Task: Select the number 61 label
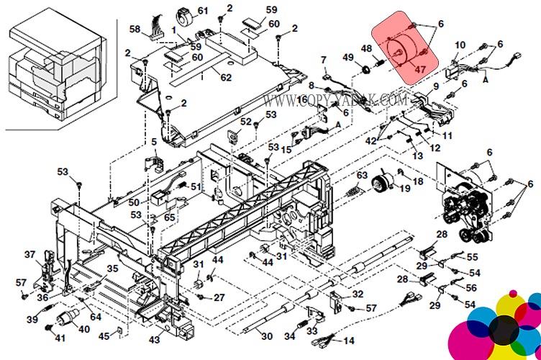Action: (x=202, y=11)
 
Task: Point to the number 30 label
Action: (x=267, y=336)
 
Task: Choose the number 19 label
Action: (x=405, y=189)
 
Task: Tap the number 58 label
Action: (x=135, y=29)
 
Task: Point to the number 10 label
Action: (x=460, y=46)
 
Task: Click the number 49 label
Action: (x=348, y=58)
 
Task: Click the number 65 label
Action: (x=170, y=217)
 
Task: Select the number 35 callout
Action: (x=112, y=269)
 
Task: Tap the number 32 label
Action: (x=358, y=294)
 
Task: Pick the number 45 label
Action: (x=104, y=336)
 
